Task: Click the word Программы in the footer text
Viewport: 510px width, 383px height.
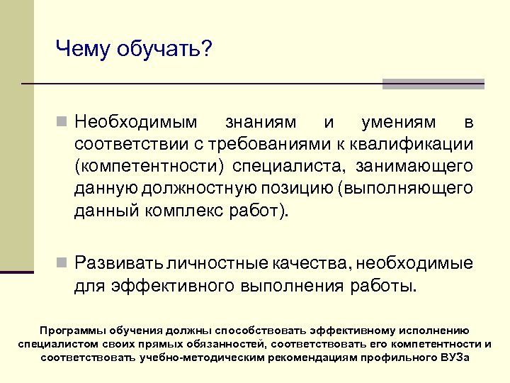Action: [x=73, y=331]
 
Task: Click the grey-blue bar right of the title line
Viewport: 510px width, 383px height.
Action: [x=433, y=84]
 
